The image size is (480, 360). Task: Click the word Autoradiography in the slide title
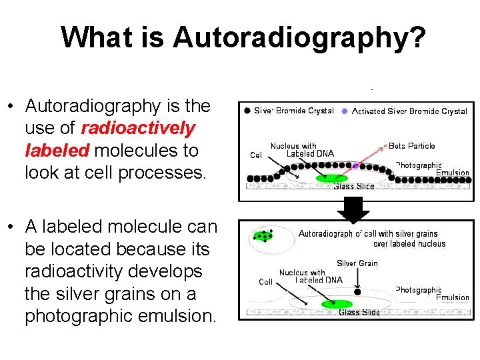click(x=298, y=37)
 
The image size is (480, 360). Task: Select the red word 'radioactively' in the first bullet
click(x=138, y=128)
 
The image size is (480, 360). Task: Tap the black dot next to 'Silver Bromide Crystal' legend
click(x=247, y=111)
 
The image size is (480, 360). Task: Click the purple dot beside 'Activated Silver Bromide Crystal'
click(x=345, y=111)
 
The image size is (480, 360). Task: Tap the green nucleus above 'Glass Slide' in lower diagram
click(x=336, y=304)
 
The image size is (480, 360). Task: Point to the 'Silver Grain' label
click(x=357, y=263)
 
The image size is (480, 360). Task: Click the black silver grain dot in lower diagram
click(x=357, y=291)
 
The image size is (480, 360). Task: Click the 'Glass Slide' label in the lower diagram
click(x=359, y=313)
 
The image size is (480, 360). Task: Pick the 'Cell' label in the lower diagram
click(x=266, y=282)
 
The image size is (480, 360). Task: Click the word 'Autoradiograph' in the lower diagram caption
click(x=325, y=234)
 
